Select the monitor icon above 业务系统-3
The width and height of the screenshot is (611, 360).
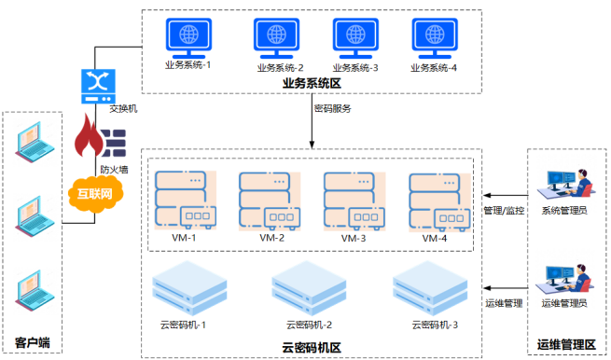point(355,37)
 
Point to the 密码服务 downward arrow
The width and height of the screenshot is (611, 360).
point(312,126)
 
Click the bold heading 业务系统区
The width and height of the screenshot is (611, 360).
point(312,84)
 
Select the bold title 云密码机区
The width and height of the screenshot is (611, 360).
point(312,347)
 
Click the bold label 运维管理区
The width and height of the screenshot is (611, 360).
point(566,346)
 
